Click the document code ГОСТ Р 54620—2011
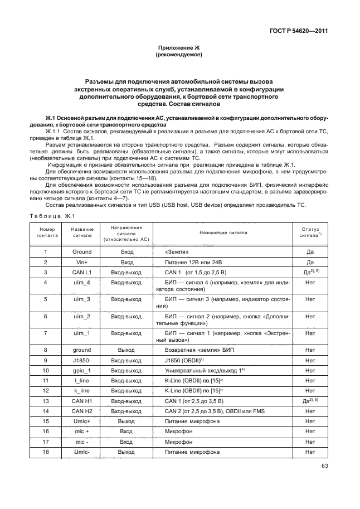pyautogui.click(x=299, y=31)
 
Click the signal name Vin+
pyautogui.click(x=82, y=261)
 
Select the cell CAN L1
pyautogui.click(x=82, y=272)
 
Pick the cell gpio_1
pyautogui.click(x=82, y=370)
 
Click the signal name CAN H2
pyautogui.click(x=82, y=410)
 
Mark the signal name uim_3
pyautogui.click(x=82, y=299)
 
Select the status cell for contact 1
pyautogui.click(x=310, y=251)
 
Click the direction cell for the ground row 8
pyautogui.click(x=127, y=350)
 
